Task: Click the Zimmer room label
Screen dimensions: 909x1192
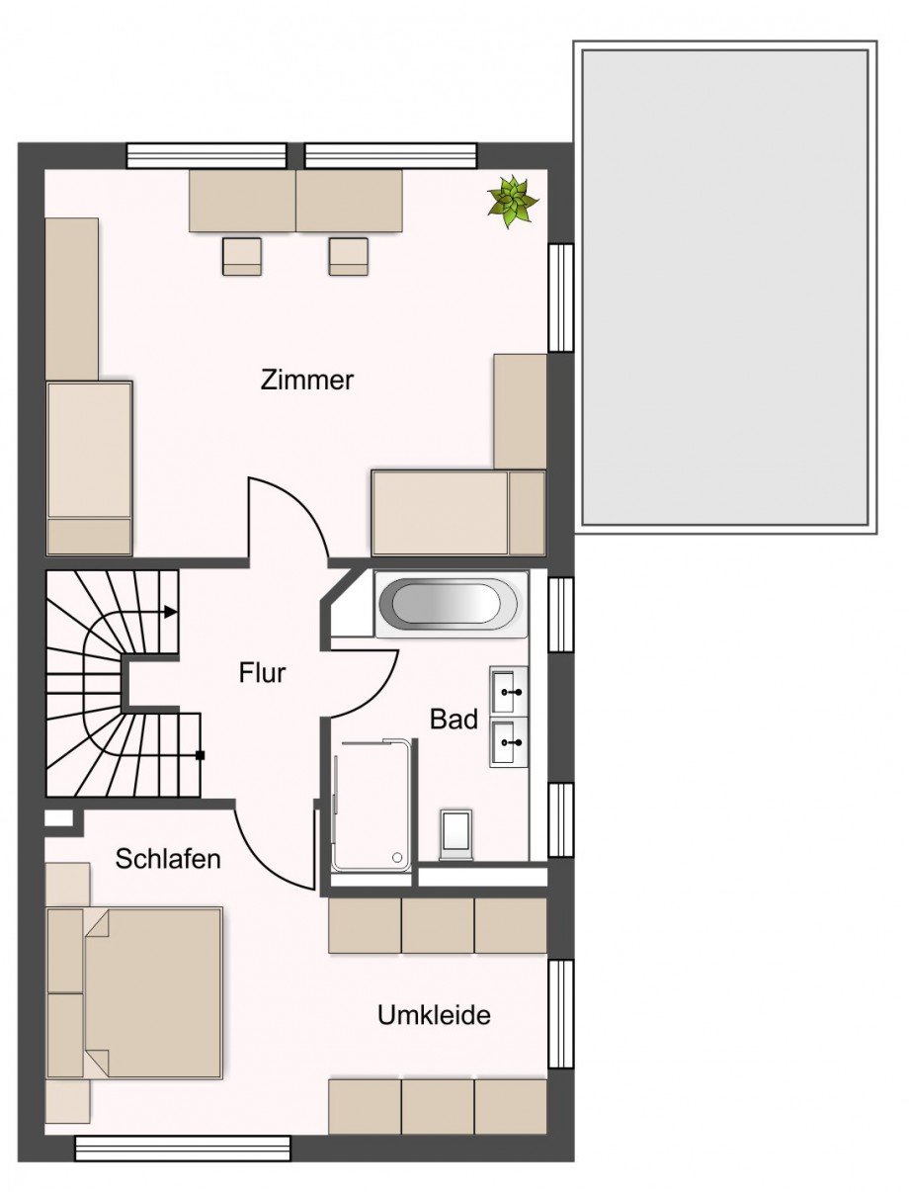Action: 306,380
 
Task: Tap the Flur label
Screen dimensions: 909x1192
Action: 262,673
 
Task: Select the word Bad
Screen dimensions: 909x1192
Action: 454,720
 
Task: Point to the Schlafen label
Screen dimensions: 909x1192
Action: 168,859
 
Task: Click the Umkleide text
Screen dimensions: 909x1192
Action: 434,1015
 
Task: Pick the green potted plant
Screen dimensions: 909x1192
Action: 512,201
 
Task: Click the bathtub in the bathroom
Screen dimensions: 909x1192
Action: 451,604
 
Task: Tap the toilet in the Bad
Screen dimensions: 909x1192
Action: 455,834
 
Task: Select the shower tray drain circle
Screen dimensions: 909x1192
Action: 397,857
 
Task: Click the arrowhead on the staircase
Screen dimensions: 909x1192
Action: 171,612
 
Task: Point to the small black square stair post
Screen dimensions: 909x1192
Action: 200,755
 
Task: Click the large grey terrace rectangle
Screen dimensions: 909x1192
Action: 725,288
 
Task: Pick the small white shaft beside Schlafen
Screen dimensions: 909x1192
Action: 58,817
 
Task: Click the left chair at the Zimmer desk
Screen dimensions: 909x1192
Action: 242,256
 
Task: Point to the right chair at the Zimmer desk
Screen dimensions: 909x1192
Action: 349,256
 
